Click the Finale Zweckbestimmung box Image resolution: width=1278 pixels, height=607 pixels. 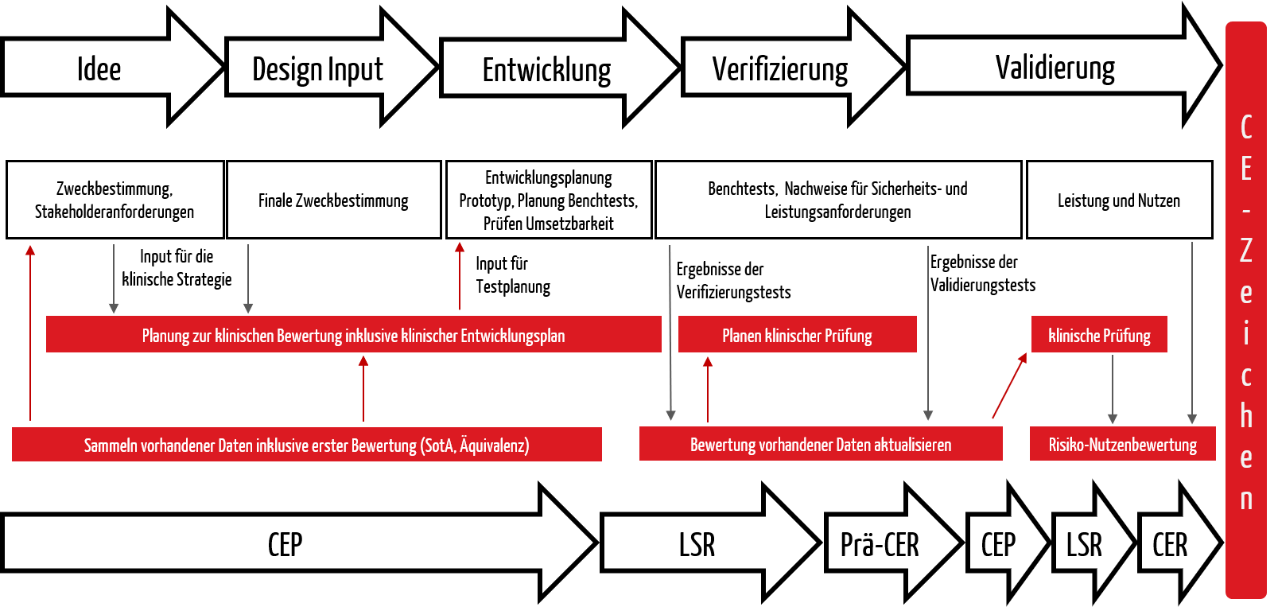coord(334,200)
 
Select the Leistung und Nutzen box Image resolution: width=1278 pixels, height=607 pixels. coord(1120,200)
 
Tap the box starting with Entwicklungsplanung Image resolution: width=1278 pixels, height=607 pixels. coord(548,200)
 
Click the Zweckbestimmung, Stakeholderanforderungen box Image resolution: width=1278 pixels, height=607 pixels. coord(115,200)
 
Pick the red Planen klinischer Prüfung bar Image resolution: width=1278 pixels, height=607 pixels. coord(797,334)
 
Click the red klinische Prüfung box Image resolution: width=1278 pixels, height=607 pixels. coord(1099,334)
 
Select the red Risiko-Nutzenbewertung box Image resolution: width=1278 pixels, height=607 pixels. coord(1122,444)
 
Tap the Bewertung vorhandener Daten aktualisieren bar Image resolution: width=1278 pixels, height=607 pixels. coord(821,444)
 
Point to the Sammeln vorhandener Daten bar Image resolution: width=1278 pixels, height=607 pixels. coord(306,444)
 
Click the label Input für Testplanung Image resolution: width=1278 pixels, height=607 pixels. coord(513,275)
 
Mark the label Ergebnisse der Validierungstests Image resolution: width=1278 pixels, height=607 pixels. coord(982,274)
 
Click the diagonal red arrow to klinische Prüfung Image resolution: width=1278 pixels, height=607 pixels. coord(1009,386)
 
